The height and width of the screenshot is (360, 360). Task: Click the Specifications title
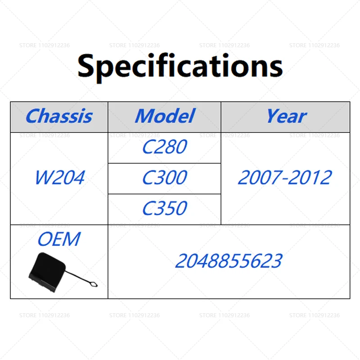pyautogui.click(x=180, y=67)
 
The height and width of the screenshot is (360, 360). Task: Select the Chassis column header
pyautogui.click(x=59, y=116)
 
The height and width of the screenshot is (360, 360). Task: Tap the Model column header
pyautogui.click(x=165, y=116)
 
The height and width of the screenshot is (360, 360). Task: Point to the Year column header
pyautogui.click(x=286, y=116)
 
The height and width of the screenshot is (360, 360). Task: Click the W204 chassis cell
pyautogui.click(x=60, y=177)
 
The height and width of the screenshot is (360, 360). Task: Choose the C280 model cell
pyautogui.click(x=165, y=147)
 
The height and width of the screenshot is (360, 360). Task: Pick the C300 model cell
pyautogui.click(x=165, y=177)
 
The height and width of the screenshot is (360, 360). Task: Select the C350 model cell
pyautogui.click(x=165, y=208)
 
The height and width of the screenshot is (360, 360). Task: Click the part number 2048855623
pyautogui.click(x=229, y=261)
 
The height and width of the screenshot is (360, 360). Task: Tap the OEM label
pyautogui.click(x=59, y=239)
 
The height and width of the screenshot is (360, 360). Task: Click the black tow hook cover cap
pyautogui.click(x=47, y=272)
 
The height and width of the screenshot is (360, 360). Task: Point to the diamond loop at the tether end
pyautogui.click(x=93, y=284)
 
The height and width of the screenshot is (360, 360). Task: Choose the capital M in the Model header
pyautogui.click(x=146, y=116)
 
